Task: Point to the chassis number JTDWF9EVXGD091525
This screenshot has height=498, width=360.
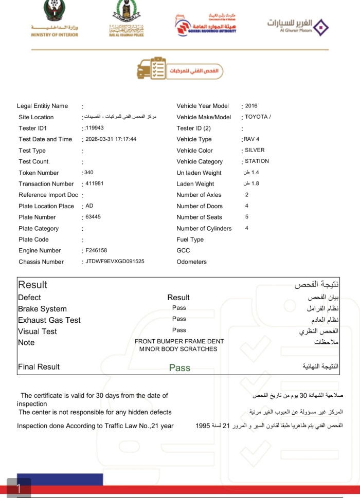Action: tap(115, 262)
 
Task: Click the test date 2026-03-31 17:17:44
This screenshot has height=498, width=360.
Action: tap(111, 139)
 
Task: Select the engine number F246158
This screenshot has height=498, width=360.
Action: tap(96, 251)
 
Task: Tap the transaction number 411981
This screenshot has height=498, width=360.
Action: tap(95, 184)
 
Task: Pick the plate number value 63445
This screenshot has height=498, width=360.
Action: tap(93, 217)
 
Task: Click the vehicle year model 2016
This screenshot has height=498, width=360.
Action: tap(251, 106)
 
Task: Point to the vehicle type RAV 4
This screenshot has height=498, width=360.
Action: tap(251, 139)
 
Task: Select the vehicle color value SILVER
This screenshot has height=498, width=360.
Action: tap(255, 151)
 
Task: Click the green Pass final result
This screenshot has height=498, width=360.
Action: tap(179, 367)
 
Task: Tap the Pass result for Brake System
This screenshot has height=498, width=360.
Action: tap(179, 308)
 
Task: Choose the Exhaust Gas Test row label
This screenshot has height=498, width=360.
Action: tap(49, 320)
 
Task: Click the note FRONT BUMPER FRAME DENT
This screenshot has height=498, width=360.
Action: tap(179, 341)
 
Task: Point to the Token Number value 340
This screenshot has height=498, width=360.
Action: tap(89, 173)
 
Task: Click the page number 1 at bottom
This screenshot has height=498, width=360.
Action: tap(19, 488)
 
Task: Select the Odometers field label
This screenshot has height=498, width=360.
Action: tap(191, 262)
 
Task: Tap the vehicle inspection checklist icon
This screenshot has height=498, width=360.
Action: tap(152, 69)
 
